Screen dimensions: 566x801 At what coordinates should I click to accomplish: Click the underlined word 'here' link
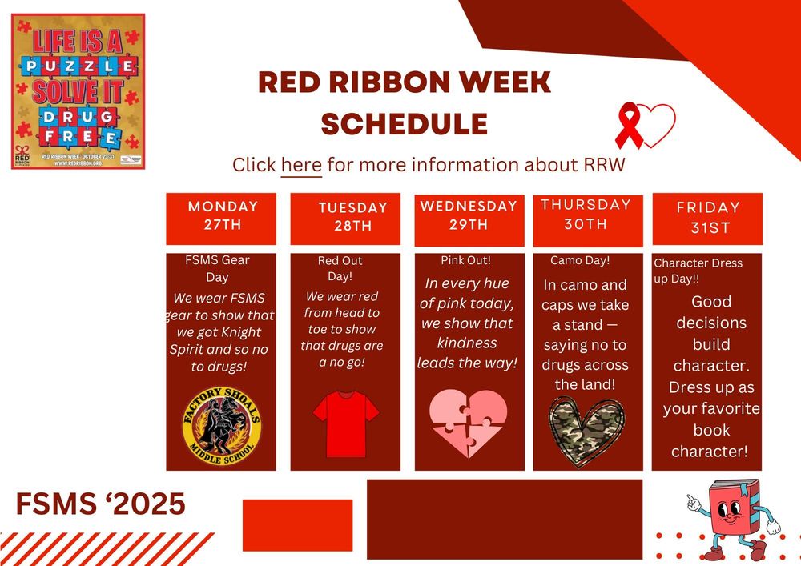click(x=301, y=165)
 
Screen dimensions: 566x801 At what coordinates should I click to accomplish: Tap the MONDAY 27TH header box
click(x=222, y=217)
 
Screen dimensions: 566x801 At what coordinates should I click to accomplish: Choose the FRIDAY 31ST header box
click(x=707, y=219)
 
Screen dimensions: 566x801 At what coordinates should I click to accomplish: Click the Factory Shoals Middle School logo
click(x=222, y=421)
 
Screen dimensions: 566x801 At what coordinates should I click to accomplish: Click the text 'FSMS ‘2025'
click(x=101, y=504)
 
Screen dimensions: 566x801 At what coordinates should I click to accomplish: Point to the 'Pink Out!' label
click(x=465, y=261)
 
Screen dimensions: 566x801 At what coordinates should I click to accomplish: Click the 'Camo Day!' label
click(x=580, y=261)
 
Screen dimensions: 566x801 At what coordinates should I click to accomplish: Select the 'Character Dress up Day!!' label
click(x=698, y=271)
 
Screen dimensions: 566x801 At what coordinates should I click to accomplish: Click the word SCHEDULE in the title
click(x=405, y=124)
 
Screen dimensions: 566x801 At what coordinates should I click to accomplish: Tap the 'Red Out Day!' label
click(x=335, y=268)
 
